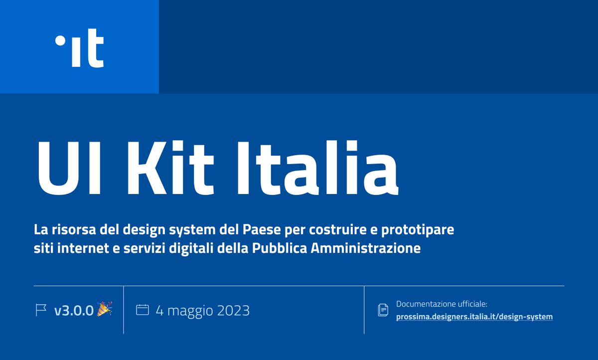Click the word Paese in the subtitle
(261, 231)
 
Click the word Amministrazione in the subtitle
(365, 248)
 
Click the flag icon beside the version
(41, 310)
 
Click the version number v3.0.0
(74, 311)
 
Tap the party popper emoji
(104, 309)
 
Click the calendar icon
(143, 310)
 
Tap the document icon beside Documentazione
(383, 310)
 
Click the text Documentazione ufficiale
(441, 304)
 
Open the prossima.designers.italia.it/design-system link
(474, 317)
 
